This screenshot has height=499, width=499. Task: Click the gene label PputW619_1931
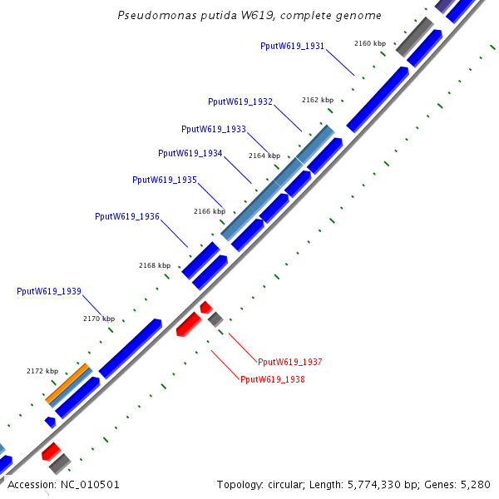click(292, 46)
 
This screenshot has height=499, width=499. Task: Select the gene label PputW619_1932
click(240, 101)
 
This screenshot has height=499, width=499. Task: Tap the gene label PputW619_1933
click(214, 129)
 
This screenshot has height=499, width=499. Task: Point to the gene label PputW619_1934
click(190, 153)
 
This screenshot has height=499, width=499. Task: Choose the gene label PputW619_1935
click(165, 180)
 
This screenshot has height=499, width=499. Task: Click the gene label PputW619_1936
click(127, 216)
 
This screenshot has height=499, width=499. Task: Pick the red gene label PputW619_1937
click(290, 362)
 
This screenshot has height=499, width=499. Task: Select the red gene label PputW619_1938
click(273, 379)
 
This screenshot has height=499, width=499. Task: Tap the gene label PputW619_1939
click(49, 291)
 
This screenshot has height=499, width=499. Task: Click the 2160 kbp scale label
click(369, 43)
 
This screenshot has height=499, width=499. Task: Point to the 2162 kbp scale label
click(317, 100)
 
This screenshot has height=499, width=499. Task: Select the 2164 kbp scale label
click(264, 156)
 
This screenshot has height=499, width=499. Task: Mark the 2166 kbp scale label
click(210, 211)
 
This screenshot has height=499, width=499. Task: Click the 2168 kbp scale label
click(155, 265)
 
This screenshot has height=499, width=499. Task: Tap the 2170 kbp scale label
click(99, 319)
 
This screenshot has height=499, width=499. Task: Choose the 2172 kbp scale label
click(42, 371)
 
